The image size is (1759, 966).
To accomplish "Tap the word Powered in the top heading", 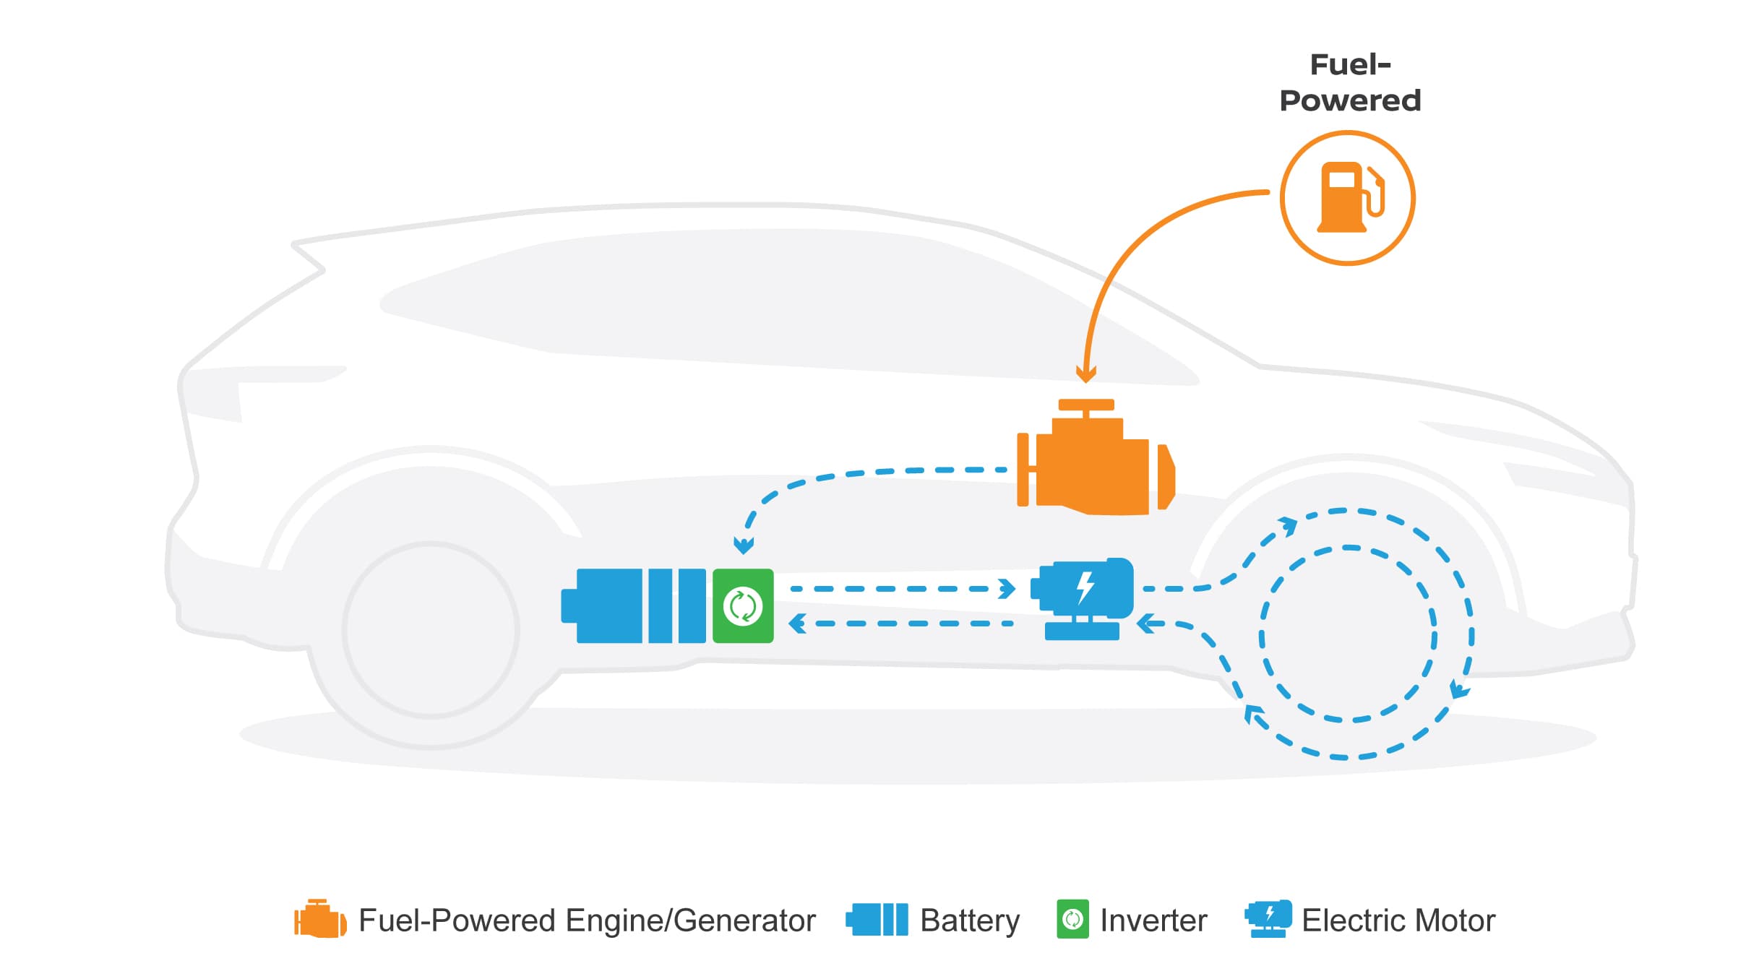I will (x=1350, y=100).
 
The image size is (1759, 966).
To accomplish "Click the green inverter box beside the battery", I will (x=743, y=606).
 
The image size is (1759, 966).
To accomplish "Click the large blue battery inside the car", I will (x=635, y=606).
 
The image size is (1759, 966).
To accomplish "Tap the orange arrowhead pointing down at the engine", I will (x=1085, y=374).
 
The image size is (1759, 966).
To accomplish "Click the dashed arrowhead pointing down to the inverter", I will (x=744, y=545).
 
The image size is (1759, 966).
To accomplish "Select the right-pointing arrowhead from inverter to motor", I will (x=1007, y=589).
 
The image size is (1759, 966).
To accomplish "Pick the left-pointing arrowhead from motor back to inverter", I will (x=798, y=623).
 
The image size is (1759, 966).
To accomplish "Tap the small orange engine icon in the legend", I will (x=319, y=919).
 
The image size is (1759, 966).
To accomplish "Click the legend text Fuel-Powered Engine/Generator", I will (x=587, y=920).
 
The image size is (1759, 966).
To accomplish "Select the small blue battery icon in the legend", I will (x=877, y=920).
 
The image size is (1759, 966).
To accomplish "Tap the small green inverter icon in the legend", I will (x=1072, y=919).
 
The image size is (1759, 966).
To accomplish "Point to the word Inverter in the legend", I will (x=1153, y=920).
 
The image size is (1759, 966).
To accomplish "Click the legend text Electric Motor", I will (x=1398, y=920).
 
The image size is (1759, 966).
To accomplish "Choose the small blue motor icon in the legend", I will (x=1268, y=918).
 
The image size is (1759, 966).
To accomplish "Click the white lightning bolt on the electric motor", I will (x=1085, y=587).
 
